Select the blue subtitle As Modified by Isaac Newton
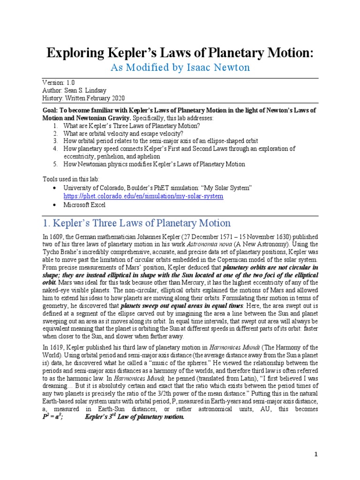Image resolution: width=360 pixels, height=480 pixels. coord(180,68)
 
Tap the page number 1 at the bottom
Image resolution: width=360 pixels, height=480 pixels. coord(316,454)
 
